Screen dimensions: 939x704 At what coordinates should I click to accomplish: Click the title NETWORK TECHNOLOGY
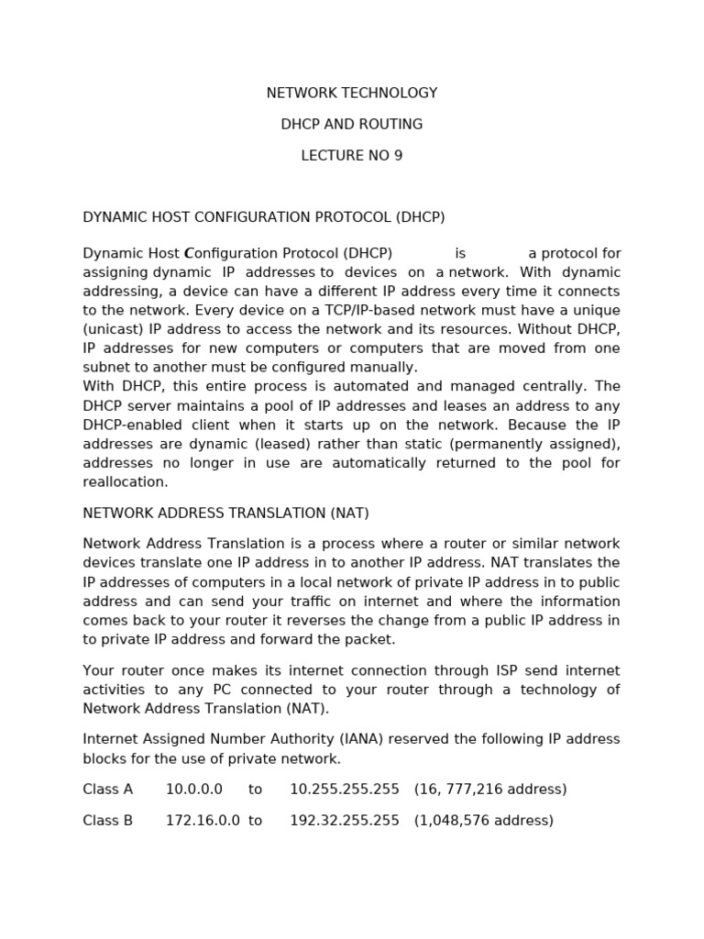pos(352,94)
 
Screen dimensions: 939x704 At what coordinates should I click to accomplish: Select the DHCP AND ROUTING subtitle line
pos(352,125)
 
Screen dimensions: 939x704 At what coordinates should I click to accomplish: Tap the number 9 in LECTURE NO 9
pos(398,156)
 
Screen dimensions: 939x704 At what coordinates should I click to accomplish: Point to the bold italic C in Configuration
pos(189,254)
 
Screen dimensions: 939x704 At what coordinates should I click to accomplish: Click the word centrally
pos(559,387)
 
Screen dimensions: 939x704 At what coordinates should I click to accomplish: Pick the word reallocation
pos(126,482)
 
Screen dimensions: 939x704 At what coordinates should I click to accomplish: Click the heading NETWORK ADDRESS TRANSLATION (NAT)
pos(225,514)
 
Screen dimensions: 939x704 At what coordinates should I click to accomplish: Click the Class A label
pos(108,790)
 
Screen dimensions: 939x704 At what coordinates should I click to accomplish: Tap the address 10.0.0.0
pos(193,790)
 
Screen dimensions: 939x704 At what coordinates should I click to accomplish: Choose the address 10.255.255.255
pos(345,790)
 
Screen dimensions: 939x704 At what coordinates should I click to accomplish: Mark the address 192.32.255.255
pos(345,821)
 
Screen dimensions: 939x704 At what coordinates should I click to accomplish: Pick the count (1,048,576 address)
pos(484,821)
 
